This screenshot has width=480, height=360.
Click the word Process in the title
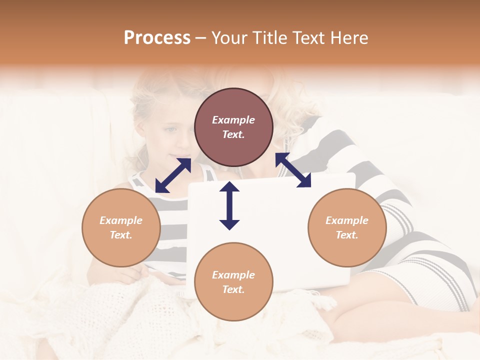(x=157, y=38)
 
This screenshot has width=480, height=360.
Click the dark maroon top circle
(x=233, y=127)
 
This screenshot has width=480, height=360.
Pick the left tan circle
(x=121, y=227)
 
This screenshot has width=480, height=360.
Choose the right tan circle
(x=347, y=227)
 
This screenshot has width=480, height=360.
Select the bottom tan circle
(x=233, y=282)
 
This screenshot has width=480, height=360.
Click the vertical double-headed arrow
(x=229, y=205)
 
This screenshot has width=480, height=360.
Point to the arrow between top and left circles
(x=173, y=175)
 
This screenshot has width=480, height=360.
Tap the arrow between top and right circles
(x=293, y=170)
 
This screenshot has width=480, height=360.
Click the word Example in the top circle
(x=233, y=120)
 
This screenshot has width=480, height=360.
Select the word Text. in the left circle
(x=121, y=235)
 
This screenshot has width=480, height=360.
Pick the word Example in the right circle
(x=347, y=220)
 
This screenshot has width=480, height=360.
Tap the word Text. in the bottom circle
(x=233, y=289)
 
